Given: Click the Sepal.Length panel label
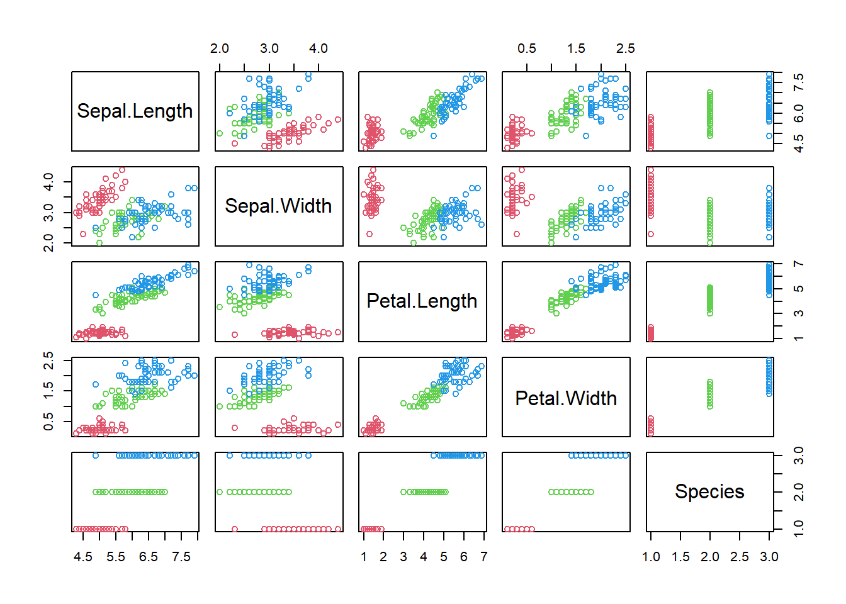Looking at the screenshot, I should (x=135, y=111).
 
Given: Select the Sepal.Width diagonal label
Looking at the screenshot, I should (x=278, y=206).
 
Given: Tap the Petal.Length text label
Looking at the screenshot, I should (x=422, y=301).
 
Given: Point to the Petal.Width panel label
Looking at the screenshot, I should (x=566, y=398).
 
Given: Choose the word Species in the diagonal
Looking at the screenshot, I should (x=709, y=492).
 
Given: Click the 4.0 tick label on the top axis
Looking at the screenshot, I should (x=319, y=49).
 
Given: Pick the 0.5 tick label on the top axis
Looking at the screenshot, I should (x=527, y=49).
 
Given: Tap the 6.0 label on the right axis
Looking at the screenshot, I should (x=799, y=113).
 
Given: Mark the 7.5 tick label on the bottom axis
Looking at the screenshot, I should (x=181, y=557).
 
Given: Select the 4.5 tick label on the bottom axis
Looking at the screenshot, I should (x=83, y=557).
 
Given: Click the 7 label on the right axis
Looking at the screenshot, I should (x=799, y=264).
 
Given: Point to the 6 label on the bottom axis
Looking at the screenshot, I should (x=464, y=557).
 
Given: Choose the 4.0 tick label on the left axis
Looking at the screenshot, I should (x=48, y=182).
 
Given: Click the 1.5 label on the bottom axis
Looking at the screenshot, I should (x=680, y=557).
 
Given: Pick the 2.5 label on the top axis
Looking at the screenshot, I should (x=626, y=49).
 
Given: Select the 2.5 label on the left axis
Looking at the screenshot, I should (x=48, y=361).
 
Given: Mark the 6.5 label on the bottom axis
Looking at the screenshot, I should (x=149, y=557).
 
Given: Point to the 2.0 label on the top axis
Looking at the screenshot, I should (x=220, y=49).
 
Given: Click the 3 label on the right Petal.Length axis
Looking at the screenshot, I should (x=799, y=313).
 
